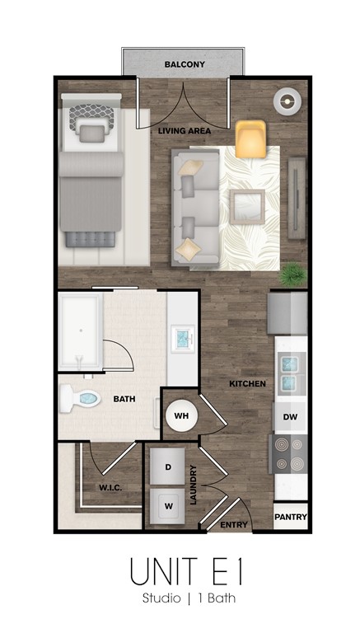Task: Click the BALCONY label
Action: pos(185,64)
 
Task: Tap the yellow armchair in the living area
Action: pos(250,138)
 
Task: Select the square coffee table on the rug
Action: pos(247,207)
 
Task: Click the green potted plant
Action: pos(292,274)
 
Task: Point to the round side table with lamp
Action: pos(288,101)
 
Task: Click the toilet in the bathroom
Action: pos(80,399)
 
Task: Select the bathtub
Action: pos(80,331)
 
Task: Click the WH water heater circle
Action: pos(181,415)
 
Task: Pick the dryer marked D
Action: pos(167,467)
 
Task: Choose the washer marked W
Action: pos(167,506)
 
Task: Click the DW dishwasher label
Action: pos(290,417)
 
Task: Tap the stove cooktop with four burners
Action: pos(288,454)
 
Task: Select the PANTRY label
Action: pos(291,517)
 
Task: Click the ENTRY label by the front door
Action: pos(234,525)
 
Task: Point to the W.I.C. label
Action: pos(110,488)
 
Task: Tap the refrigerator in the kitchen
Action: pos(288,313)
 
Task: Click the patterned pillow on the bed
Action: pos(91,118)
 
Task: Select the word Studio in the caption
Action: pos(161,598)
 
